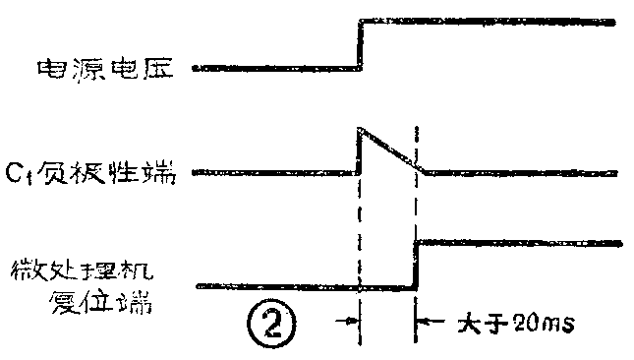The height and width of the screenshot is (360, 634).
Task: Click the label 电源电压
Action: (105, 68)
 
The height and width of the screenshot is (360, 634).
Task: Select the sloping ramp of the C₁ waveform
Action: (390, 149)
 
